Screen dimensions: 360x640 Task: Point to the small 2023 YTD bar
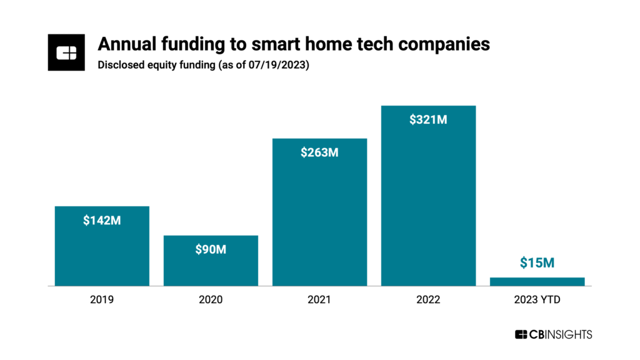537,281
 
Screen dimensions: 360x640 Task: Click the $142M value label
102,221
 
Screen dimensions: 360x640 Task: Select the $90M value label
211,250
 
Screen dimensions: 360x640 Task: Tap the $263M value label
319,152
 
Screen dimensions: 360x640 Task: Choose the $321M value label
428,120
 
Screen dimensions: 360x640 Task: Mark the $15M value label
537,263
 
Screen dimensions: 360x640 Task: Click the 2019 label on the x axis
102,300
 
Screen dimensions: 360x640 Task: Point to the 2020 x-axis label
211,300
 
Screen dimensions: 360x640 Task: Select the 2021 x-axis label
319,300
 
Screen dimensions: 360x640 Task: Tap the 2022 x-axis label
428,300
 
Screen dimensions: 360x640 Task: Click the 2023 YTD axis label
537,300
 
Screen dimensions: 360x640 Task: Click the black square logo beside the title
66,53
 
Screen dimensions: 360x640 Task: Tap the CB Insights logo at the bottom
553,334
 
